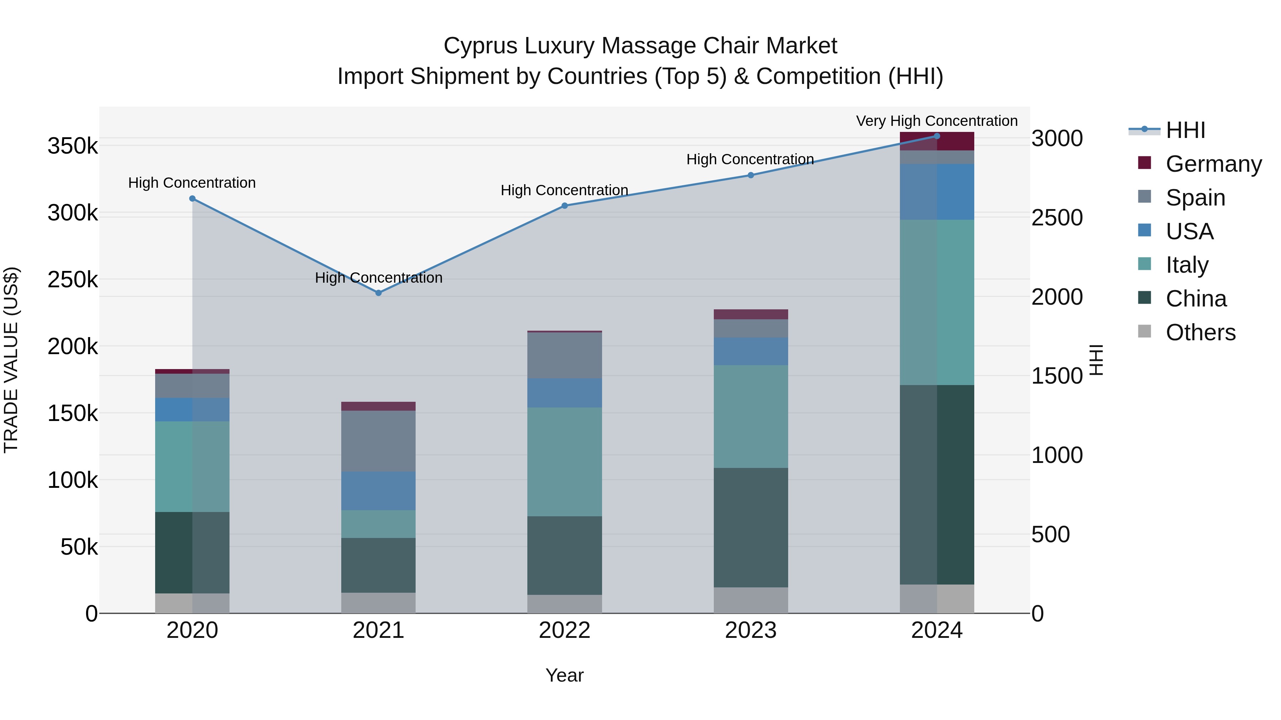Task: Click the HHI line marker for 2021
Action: (379, 293)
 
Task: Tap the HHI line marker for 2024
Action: (937, 136)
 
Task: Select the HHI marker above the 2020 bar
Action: (193, 199)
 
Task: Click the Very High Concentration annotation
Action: (937, 121)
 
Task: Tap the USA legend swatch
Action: (1144, 230)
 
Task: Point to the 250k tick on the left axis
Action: (73, 280)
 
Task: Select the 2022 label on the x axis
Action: (564, 630)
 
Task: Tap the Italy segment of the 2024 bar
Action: (937, 302)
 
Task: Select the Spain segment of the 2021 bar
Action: (379, 441)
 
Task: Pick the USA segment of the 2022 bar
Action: (564, 393)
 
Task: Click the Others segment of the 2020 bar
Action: (193, 603)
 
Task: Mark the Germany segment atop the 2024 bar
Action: (937, 142)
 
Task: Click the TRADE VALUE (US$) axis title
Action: (11, 360)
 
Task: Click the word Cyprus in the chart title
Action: (480, 46)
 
